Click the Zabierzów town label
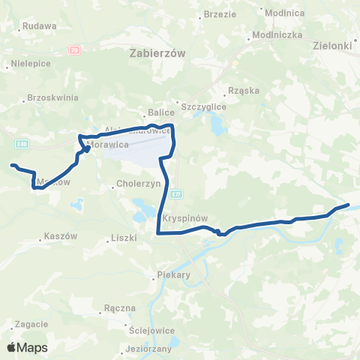click(x=157, y=53)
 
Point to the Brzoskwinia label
click(x=52, y=97)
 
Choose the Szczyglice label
click(x=201, y=106)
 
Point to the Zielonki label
click(x=332, y=46)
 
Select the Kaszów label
click(x=61, y=235)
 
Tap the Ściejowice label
click(x=151, y=328)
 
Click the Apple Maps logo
click(x=27, y=348)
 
